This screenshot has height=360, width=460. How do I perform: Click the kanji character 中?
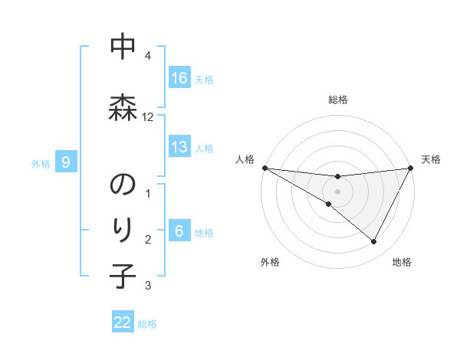(x=123, y=48)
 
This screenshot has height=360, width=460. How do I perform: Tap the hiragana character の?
(x=123, y=186)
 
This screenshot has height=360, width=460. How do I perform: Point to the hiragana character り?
(x=123, y=229)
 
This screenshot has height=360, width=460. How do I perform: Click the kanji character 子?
(x=123, y=276)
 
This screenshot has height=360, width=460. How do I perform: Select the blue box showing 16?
(x=179, y=77)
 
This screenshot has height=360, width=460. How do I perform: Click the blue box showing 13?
(x=179, y=147)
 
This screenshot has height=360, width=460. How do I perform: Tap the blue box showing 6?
(x=179, y=231)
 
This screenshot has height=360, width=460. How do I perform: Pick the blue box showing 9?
(x=67, y=162)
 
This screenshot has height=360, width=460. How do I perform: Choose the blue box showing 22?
(x=123, y=322)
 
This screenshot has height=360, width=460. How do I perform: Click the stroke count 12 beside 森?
(x=148, y=117)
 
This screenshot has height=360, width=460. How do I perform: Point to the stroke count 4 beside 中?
(x=148, y=56)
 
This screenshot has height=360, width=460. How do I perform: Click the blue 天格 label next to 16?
(x=204, y=79)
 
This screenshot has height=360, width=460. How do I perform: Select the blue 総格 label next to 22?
(x=148, y=324)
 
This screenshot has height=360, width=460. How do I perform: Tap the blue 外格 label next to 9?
(x=41, y=163)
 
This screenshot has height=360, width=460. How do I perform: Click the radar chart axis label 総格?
(x=338, y=100)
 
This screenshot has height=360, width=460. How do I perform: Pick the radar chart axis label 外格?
(x=270, y=262)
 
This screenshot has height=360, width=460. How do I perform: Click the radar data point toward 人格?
(x=265, y=168)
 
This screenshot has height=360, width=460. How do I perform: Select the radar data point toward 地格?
(x=374, y=242)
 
